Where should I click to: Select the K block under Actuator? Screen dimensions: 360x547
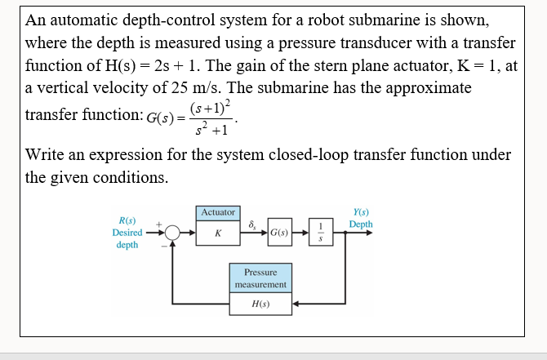click(217, 233)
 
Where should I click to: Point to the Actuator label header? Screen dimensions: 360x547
click(217, 212)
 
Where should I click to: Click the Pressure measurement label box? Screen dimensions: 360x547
click(260, 278)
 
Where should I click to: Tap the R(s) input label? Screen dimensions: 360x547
click(127, 220)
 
